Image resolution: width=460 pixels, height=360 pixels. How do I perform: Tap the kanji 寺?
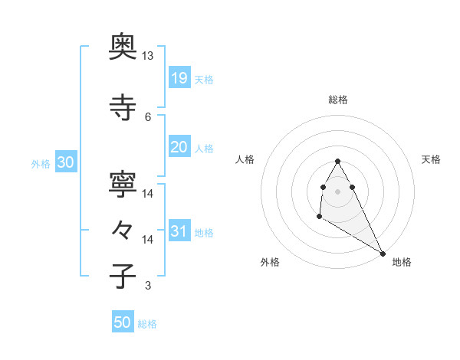(x=123, y=108)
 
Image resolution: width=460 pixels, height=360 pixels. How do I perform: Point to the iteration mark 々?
(x=123, y=231)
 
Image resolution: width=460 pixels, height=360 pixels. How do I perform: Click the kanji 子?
(x=123, y=277)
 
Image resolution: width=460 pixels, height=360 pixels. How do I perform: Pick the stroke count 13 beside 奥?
(x=148, y=56)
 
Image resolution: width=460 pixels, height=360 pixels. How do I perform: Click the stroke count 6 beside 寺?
(x=148, y=116)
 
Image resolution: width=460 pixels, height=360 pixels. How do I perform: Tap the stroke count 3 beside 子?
(x=148, y=286)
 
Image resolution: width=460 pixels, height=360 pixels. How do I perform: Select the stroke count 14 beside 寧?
(x=148, y=193)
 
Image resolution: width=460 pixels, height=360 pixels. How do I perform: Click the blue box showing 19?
(x=179, y=78)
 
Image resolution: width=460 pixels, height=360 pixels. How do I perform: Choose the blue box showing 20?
(x=179, y=148)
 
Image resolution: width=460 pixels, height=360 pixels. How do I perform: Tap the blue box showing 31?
(x=179, y=231)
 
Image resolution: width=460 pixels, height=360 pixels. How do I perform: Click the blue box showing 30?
(x=65, y=162)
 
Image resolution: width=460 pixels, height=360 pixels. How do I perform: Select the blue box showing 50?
(x=123, y=322)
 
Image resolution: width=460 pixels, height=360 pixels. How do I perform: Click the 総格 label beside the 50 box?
(x=147, y=324)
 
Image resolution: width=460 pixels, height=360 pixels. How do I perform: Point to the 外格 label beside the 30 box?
(x=41, y=164)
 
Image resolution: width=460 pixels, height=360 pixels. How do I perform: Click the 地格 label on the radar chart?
(x=402, y=262)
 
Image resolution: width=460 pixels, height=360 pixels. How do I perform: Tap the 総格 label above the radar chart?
(x=338, y=100)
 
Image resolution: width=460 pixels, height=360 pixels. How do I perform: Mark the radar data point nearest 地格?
(x=383, y=253)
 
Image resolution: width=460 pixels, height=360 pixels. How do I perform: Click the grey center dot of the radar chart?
(x=337, y=191)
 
